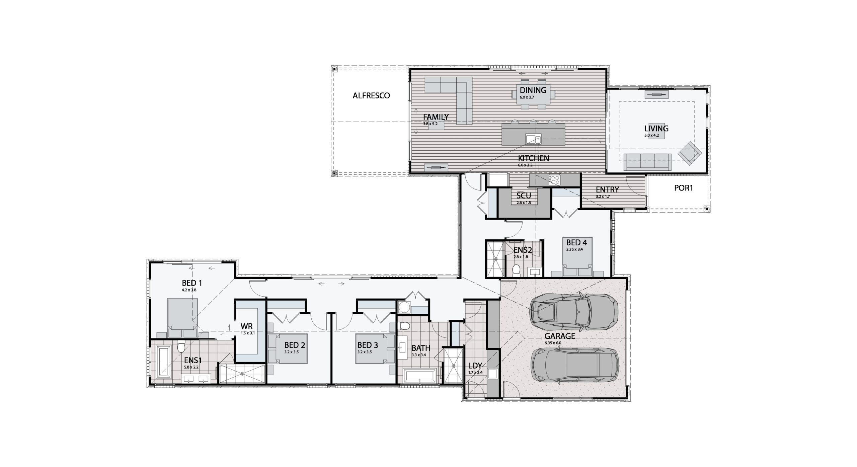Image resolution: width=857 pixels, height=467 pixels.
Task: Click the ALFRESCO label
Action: pos(371,96)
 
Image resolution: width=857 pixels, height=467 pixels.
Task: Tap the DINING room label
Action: pos(533,90)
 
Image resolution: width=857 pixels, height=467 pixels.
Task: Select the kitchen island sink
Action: pos(533,139)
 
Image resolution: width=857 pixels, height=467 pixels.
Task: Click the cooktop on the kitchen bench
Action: pos(554,180)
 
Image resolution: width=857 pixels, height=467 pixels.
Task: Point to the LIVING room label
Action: pos(656,128)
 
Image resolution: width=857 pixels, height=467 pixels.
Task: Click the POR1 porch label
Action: pos(683,188)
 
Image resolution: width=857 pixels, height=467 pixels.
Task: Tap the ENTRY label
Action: pos(607,190)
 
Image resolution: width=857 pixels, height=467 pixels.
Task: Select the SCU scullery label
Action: pos(524,196)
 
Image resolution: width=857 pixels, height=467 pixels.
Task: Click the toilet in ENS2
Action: pos(516,269)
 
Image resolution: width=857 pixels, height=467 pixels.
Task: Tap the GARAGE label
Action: pos(559,336)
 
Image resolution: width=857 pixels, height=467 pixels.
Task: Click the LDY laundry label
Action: pos(475,366)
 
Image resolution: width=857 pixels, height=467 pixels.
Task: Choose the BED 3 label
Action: pos(368,345)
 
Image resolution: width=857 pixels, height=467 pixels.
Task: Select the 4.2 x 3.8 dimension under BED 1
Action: pos(189,290)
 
